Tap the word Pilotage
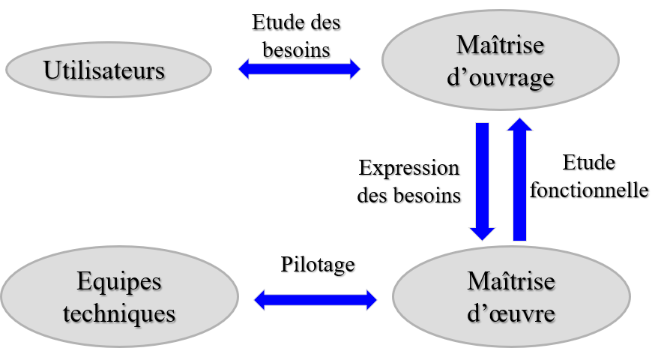click(x=318, y=264)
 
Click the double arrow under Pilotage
click(x=316, y=300)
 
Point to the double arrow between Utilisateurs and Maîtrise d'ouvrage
click(x=299, y=70)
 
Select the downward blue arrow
click(x=482, y=180)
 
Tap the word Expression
click(x=408, y=168)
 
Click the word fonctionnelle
click(x=589, y=190)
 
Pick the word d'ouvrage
click(x=500, y=78)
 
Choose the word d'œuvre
click(x=511, y=313)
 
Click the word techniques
click(x=119, y=313)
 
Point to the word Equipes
click(x=119, y=283)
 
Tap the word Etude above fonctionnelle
click(x=589, y=162)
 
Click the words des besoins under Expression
click(x=408, y=196)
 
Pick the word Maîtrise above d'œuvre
click(x=511, y=282)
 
